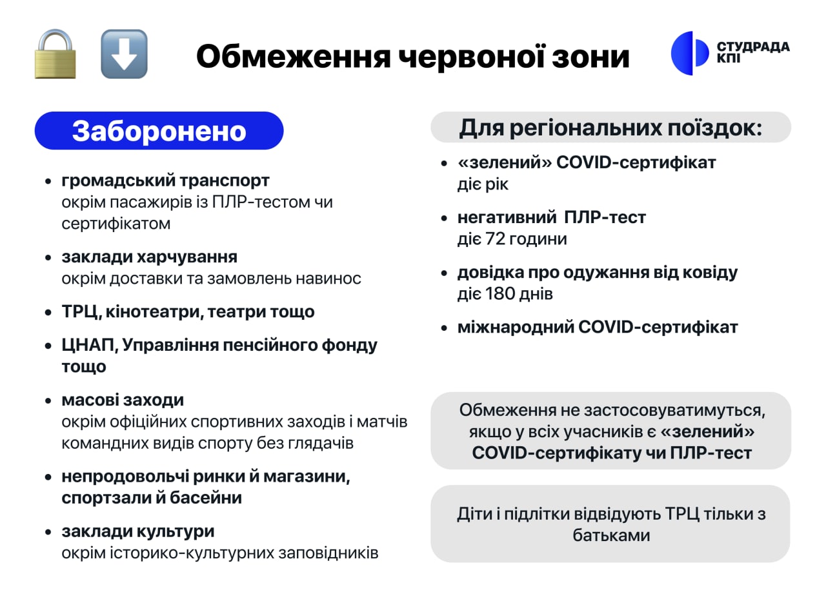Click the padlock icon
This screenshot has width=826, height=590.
55,54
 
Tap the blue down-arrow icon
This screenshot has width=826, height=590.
125,54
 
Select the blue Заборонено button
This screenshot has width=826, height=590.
159,131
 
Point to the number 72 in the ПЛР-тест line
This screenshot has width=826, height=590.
495,239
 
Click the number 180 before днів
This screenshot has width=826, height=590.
500,293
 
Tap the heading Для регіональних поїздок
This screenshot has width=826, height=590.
610,128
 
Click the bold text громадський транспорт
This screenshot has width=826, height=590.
166,181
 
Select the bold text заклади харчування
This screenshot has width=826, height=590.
149,257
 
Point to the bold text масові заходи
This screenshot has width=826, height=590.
123,400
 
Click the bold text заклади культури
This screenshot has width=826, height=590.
138,532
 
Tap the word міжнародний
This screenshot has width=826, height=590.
515,328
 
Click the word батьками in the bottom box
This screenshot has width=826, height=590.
611,535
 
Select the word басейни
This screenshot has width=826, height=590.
206,498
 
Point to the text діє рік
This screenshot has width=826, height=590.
483,184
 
